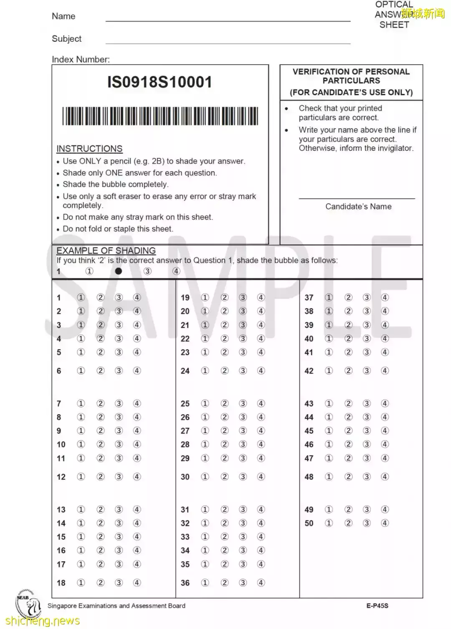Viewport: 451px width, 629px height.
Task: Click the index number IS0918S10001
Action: pyautogui.click(x=160, y=82)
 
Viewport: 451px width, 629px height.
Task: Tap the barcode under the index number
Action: pyautogui.click(x=160, y=116)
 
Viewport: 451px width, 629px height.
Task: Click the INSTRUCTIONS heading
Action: pyautogui.click(x=89, y=149)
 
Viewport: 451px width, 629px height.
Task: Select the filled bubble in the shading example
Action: pyautogui.click(x=119, y=271)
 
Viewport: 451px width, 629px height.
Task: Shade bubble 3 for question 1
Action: pyautogui.click(x=119, y=298)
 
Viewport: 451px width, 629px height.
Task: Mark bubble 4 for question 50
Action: pyautogui.click(x=385, y=523)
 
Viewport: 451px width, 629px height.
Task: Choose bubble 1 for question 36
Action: pyautogui.click(x=205, y=583)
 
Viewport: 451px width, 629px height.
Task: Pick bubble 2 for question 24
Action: pyautogui.click(x=225, y=371)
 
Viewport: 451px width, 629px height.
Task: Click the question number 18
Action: pyautogui.click(x=61, y=583)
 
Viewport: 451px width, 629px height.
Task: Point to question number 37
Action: pyautogui.click(x=309, y=298)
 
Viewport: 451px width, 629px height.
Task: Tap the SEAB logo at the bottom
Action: pyautogui.click(x=28, y=604)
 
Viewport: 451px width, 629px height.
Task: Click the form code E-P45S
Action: pyautogui.click(x=377, y=606)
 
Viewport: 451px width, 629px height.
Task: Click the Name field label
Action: pyautogui.click(x=63, y=16)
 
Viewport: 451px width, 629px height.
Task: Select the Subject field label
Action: pyautogui.click(x=66, y=39)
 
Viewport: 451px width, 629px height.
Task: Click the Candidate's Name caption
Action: pyautogui.click(x=358, y=206)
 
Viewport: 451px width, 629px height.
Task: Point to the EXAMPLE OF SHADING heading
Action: pyautogui.click(x=106, y=251)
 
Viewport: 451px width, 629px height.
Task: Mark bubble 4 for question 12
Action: pyautogui.click(x=137, y=477)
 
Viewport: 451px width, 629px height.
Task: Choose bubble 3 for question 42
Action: pyautogui.click(x=367, y=371)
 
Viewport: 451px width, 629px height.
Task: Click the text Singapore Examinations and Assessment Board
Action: pyautogui.click(x=117, y=606)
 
